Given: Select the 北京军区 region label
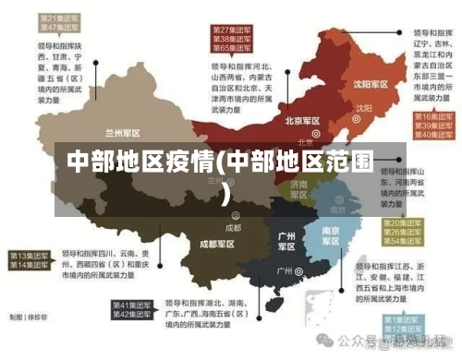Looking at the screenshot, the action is tap(302, 121).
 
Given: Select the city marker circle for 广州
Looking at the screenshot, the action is tap(300, 271).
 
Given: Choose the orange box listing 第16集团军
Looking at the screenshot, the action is tap(430, 126).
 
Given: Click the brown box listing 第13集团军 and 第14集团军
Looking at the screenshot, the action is tap(31, 259).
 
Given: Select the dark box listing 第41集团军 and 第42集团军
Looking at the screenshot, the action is tap(134, 310).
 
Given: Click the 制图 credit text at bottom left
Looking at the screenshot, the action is tap(26, 317).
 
